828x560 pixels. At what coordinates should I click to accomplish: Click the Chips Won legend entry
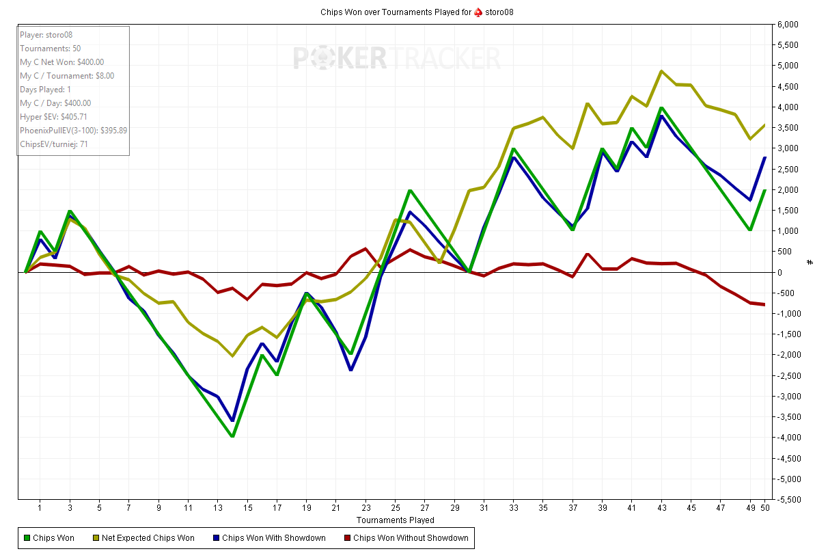click(x=53, y=538)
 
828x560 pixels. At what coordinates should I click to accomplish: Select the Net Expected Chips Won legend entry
click(x=148, y=538)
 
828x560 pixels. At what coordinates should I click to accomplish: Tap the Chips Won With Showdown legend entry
click(x=273, y=538)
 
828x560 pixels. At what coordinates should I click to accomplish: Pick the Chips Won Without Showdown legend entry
click(x=410, y=538)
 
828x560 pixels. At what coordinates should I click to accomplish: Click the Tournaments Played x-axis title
click(x=395, y=520)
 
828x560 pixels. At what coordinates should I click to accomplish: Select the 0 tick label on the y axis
click(x=779, y=272)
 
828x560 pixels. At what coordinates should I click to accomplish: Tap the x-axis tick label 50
click(x=764, y=508)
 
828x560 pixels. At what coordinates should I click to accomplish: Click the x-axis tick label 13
click(x=218, y=508)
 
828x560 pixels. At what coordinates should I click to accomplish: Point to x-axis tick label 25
click(x=396, y=508)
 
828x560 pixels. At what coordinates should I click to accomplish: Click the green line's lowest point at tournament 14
click(x=233, y=436)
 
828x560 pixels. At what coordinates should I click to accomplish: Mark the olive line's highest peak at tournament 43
click(x=661, y=70)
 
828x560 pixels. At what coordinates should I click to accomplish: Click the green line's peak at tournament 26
click(x=410, y=190)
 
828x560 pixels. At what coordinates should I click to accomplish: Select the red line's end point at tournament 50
click(x=764, y=304)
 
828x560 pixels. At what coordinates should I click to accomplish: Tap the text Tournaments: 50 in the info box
click(x=50, y=49)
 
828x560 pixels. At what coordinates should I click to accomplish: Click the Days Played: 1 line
click(x=45, y=90)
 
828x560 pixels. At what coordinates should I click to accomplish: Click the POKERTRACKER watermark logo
click(x=397, y=58)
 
